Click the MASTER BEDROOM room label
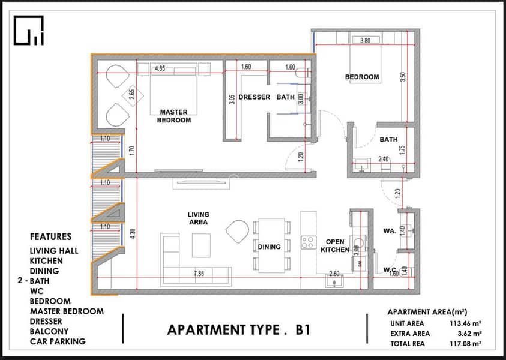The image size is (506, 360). tap(173, 116)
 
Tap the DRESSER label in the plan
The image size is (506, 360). tap(254, 97)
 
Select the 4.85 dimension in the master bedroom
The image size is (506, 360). tap(160, 68)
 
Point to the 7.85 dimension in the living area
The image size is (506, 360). tap(199, 274)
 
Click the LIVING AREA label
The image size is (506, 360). tap(199, 218)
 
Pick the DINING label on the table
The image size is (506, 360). tap(269, 247)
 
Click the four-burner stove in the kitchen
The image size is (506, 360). tap(309, 242)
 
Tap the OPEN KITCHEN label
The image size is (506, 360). tap(335, 246)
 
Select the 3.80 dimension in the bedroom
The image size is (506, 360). tap(365, 41)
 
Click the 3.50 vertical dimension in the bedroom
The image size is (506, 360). tap(402, 77)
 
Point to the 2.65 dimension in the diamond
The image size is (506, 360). tap(131, 95)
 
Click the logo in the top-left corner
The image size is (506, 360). tap(28, 31)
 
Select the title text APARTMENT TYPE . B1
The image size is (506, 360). tap(239, 330)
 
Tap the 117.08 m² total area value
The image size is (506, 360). tap(465, 344)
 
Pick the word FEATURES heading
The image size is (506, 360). tap(50, 237)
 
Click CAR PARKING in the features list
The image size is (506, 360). tap(58, 341)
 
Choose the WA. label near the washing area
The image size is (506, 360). tap(390, 231)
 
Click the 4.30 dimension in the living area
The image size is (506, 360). tap(133, 233)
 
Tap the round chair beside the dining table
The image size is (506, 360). tap(238, 232)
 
